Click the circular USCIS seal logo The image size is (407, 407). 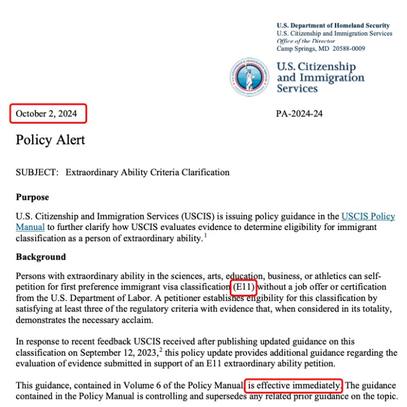point(249,77)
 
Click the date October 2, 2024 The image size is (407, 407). point(48,114)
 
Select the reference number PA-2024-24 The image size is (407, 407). point(299,114)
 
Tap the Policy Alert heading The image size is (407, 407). point(50,140)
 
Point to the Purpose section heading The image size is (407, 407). point(32,197)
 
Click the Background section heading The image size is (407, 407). point(41,257)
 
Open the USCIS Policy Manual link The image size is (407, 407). point(367,216)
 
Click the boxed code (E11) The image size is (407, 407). point(244,287)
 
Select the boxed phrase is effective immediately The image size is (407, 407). point(294,385)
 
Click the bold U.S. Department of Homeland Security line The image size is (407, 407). point(333,26)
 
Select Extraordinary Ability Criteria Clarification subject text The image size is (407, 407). point(147,172)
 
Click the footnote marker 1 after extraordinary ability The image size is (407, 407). point(205,236)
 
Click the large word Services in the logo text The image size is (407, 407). point(297,89)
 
